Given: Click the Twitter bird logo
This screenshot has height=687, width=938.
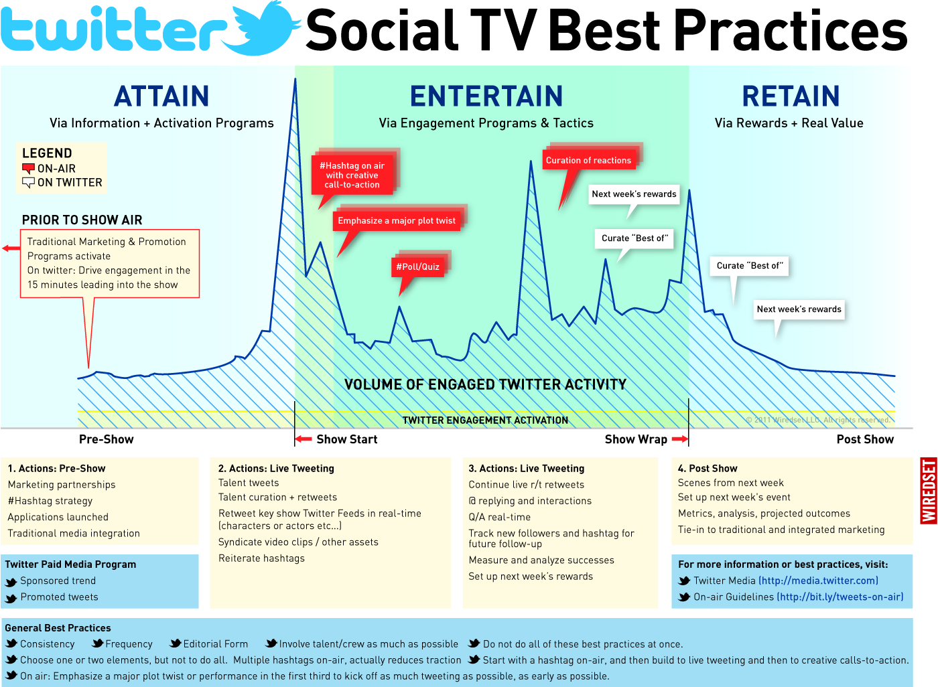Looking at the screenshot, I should [x=267, y=28].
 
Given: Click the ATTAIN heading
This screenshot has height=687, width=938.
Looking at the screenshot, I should [x=161, y=96].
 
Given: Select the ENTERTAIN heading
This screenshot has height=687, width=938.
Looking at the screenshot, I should [x=486, y=96].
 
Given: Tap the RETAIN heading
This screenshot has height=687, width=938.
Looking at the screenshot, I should [x=791, y=96].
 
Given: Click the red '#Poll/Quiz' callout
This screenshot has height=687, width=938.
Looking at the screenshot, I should [x=418, y=266].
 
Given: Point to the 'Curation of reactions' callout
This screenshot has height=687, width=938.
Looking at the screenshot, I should [x=588, y=160].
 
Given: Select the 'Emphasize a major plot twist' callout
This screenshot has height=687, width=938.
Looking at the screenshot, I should [x=397, y=220].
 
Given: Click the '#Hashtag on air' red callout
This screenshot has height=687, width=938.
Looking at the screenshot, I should [x=352, y=175].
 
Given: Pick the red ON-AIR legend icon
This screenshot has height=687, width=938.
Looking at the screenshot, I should [x=28, y=169].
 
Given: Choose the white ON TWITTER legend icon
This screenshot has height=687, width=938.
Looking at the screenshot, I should [x=28, y=182].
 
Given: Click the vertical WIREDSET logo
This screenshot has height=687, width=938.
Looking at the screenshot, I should [x=929, y=491].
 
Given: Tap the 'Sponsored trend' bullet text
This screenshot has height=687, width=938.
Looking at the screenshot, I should [x=58, y=581].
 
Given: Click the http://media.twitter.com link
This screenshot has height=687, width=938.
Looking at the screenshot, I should [x=818, y=581].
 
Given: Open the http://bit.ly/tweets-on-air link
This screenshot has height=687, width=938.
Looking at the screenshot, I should [x=840, y=597].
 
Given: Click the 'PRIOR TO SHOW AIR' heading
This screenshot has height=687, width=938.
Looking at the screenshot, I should [x=82, y=220].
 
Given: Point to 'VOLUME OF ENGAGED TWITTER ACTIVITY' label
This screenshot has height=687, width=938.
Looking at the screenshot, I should [x=485, y=384].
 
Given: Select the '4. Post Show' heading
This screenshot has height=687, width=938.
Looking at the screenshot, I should [x=708, y=469].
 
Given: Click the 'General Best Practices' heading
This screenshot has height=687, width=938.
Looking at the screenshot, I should [x=58, y=628].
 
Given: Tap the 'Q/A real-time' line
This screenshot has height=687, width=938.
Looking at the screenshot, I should [x=499, y=517].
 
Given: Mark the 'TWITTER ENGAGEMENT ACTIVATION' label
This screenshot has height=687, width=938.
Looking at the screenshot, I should [x=485, y=421].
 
